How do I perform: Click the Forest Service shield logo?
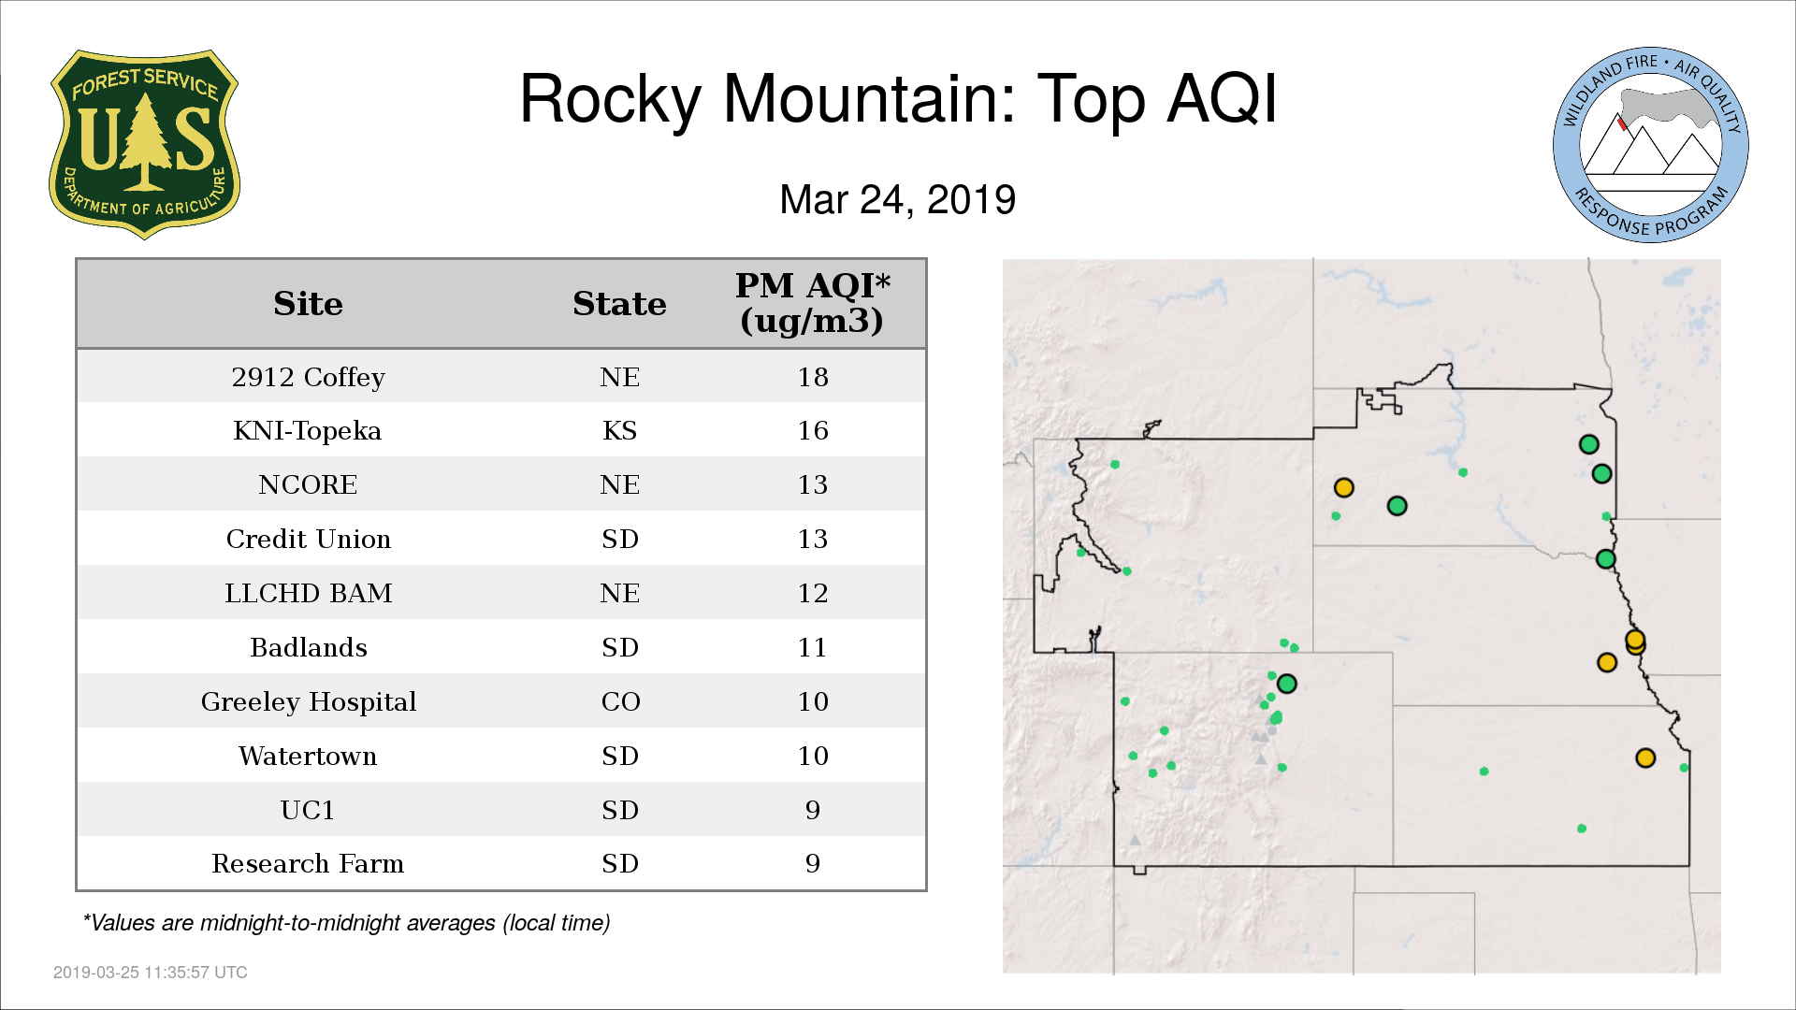(144, 144)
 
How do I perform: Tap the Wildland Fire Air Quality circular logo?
(1651, 145)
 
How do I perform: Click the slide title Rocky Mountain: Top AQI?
(898, 98)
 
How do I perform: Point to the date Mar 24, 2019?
(898, 199)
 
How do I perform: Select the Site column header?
(308, 304)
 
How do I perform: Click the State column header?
(619, 304)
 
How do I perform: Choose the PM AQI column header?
(812, 303)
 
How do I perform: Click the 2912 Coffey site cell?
(308, 377)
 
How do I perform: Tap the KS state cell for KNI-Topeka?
(619, 430)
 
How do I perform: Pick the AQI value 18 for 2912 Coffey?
(813, 377)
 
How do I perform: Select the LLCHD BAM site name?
(308, 593)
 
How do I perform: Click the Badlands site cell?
(308, 647)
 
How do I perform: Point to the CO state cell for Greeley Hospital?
(620, 701)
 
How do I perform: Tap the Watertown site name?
(308, 756)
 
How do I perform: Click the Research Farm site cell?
(308, 863)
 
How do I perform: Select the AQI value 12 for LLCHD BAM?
(813, 593)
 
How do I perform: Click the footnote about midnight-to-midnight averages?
(346, 923)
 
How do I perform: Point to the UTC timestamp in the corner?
(151, 973)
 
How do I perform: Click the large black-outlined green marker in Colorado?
(1287, 684)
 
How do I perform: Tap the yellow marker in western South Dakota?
(1344, 487)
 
